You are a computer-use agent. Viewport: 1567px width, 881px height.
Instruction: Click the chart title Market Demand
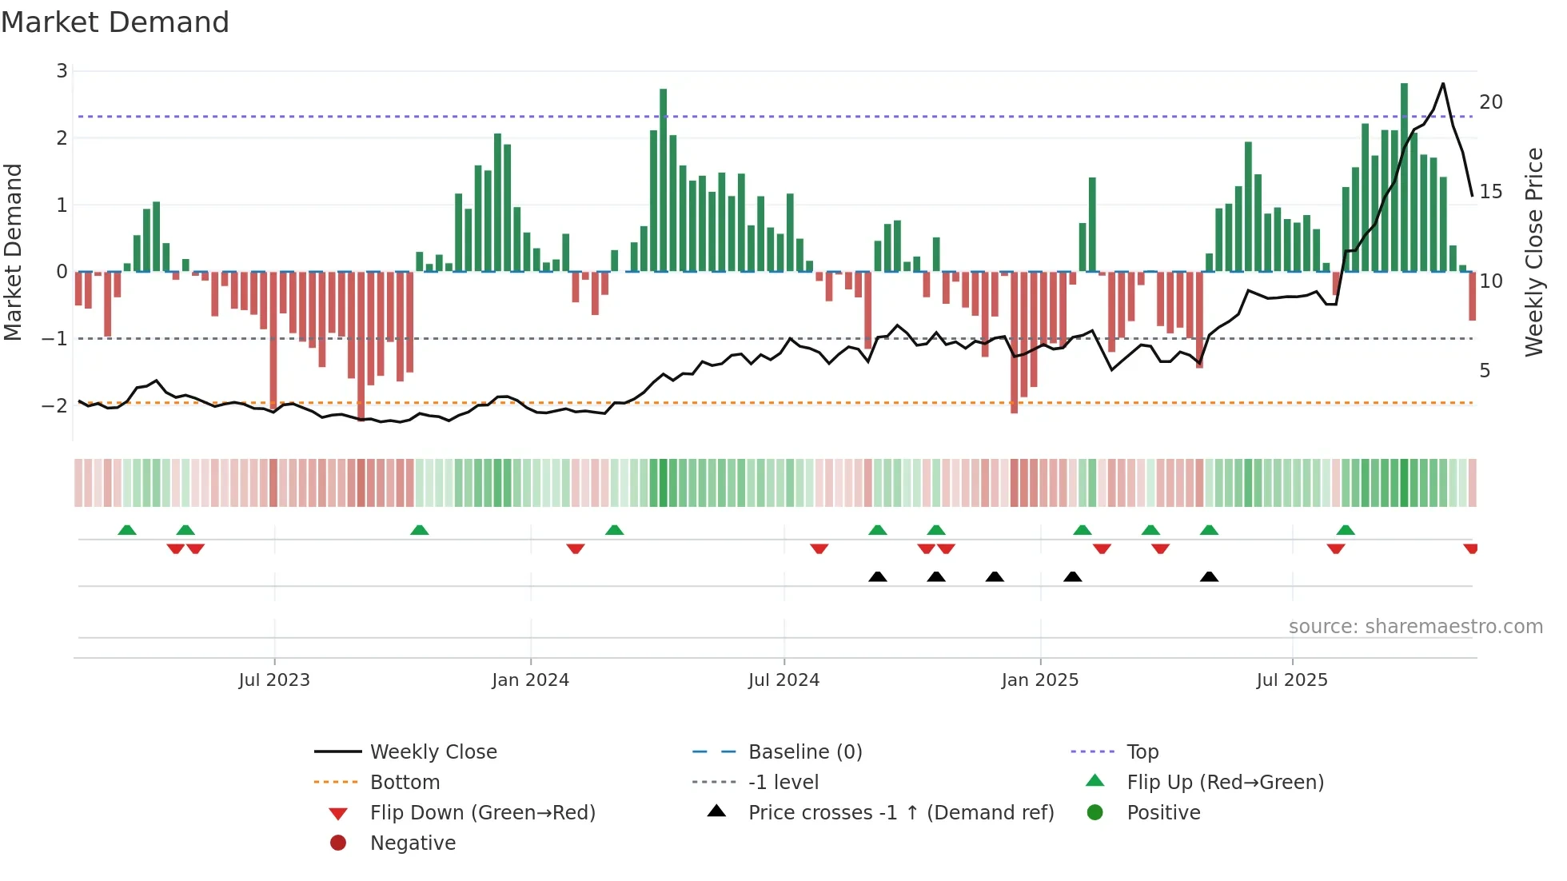(115, 22)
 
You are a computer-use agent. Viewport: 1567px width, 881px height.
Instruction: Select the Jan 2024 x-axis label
(530, 680)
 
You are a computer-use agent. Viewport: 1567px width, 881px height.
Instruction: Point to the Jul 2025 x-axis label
(1291, 680)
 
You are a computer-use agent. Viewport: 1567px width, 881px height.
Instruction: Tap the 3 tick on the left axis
(62, 71)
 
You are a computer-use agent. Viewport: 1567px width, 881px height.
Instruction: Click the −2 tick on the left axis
(55, 405)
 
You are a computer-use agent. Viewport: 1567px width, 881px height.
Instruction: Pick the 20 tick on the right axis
(1490, 102)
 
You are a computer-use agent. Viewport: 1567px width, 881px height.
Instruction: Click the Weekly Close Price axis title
(1533, 252)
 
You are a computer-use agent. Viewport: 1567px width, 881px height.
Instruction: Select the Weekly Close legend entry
(433, 752)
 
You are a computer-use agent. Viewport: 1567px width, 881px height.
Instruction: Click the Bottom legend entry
(405, 783)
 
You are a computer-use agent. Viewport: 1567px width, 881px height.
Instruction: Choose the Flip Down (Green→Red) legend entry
(482, 813)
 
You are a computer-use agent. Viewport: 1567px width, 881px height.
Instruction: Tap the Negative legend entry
(413, 843)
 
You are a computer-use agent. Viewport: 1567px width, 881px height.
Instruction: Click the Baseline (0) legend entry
(804, 752)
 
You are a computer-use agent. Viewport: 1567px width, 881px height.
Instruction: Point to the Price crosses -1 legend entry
(900, 813)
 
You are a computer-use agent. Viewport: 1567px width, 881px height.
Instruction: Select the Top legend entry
(1142, 752)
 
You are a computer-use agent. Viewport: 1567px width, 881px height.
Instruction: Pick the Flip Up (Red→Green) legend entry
(1225, 783)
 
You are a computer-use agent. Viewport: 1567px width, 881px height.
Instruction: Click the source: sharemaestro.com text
(1415, 627)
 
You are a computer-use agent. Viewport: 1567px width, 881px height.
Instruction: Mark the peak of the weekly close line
(1443, 83)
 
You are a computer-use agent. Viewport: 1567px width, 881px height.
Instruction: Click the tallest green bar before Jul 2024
(663, 180)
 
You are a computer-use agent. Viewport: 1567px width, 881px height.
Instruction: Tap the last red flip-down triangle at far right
(1470, 548)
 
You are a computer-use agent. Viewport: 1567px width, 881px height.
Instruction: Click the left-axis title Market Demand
(13, 252)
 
